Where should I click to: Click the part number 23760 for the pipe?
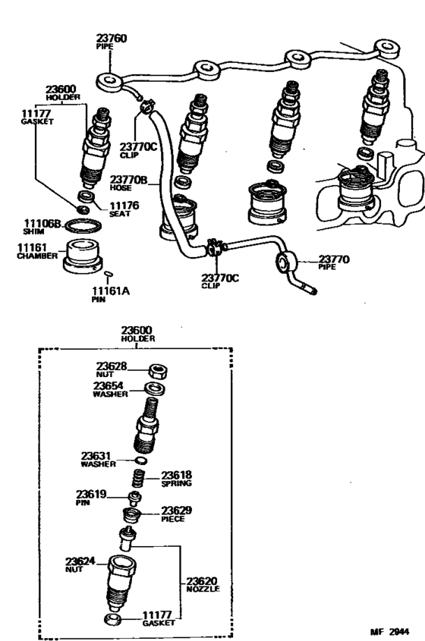(112, 37)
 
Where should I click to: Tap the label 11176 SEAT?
(124, 209)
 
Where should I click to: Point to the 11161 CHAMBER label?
(33, 250)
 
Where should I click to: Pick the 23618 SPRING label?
(176, 478)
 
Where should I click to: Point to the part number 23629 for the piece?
(177, 511)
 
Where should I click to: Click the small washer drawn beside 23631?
(140, 460)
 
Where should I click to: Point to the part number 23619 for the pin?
(95, 493)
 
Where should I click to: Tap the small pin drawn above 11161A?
(108, 274)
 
